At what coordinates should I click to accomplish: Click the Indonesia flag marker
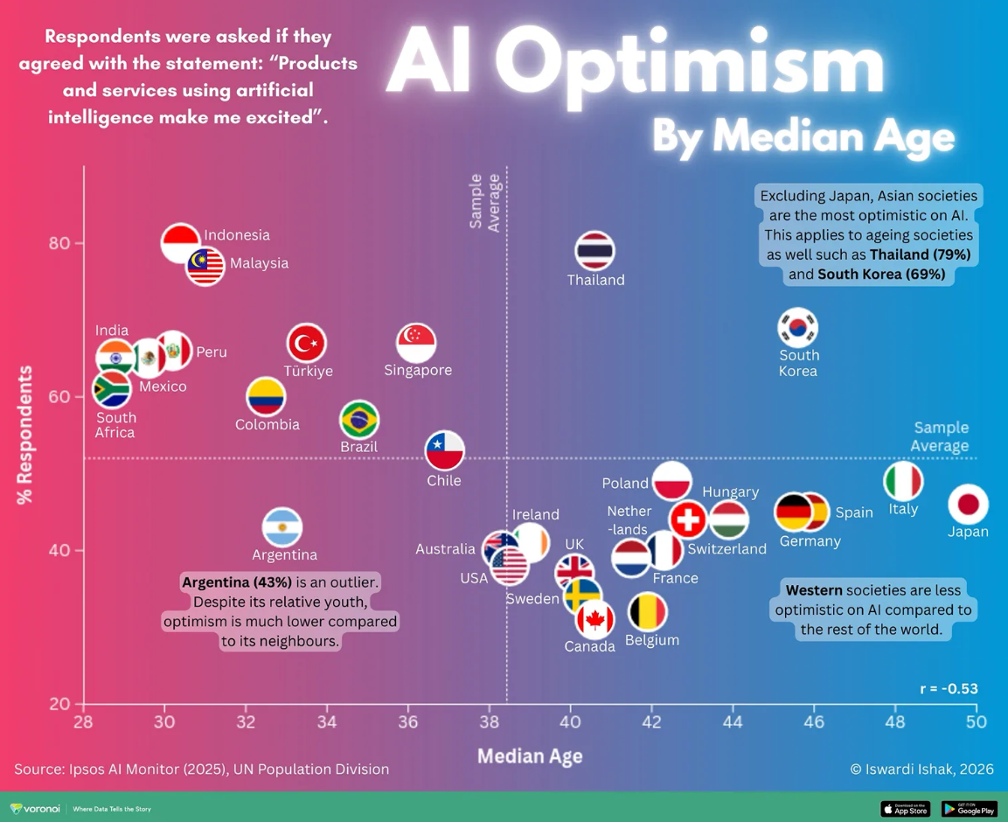coord(181,243)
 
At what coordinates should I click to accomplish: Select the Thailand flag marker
coord(595,251)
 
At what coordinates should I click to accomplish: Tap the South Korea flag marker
coord(797,328)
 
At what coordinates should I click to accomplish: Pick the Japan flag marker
coord(968,504)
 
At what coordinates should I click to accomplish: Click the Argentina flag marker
coord(282,528)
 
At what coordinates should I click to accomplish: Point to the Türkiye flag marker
coord(307,343)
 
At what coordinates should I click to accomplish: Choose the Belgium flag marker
coord(648,612)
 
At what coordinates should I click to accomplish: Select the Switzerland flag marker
coord(688,519)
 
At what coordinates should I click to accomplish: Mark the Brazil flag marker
coord(359,420)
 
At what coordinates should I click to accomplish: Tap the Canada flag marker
coord(594,620)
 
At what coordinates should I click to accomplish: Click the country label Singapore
coord(418,370)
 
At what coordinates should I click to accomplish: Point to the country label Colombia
coord(268,424)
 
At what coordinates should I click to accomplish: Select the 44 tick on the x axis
coord(733,721)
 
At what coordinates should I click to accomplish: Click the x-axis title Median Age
coord(530,756)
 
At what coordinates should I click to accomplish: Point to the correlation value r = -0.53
coord(949,688)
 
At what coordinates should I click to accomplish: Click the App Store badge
coord(906,809)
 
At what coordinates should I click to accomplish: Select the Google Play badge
coord(969,809)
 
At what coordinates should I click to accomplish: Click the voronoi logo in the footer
coord(35,809)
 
